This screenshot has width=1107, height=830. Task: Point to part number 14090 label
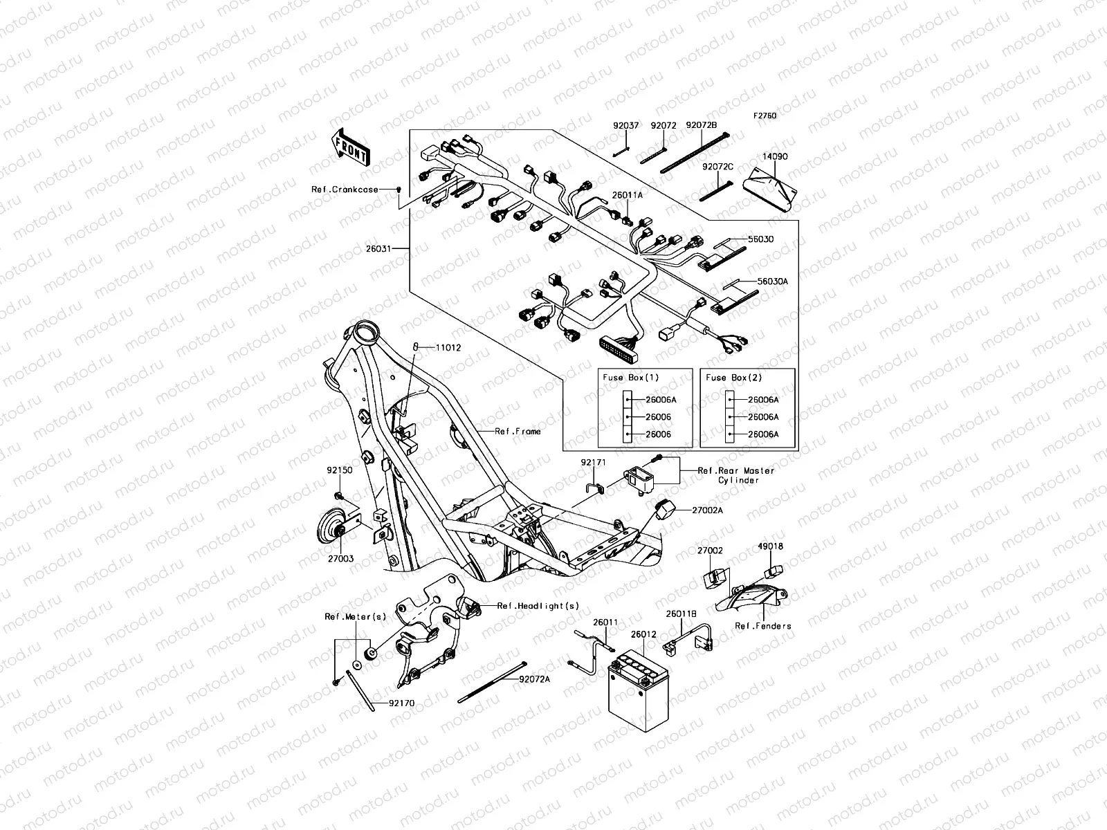pos(774,157)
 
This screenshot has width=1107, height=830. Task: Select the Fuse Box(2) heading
pos(733,378)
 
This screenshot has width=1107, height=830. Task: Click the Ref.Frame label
pos(518,431)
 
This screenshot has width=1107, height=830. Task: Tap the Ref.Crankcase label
pos(345,190)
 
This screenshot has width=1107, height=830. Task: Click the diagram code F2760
pos(765,116)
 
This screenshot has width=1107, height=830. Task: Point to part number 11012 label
pos(448,347)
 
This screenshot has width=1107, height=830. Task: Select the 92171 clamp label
pos(593,461)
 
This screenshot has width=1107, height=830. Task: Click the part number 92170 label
pos(401,703)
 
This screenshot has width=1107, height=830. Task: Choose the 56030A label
pos(753,282)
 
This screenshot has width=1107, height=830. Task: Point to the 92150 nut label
pos(340,470)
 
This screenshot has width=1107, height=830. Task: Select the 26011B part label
pos(681,613)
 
